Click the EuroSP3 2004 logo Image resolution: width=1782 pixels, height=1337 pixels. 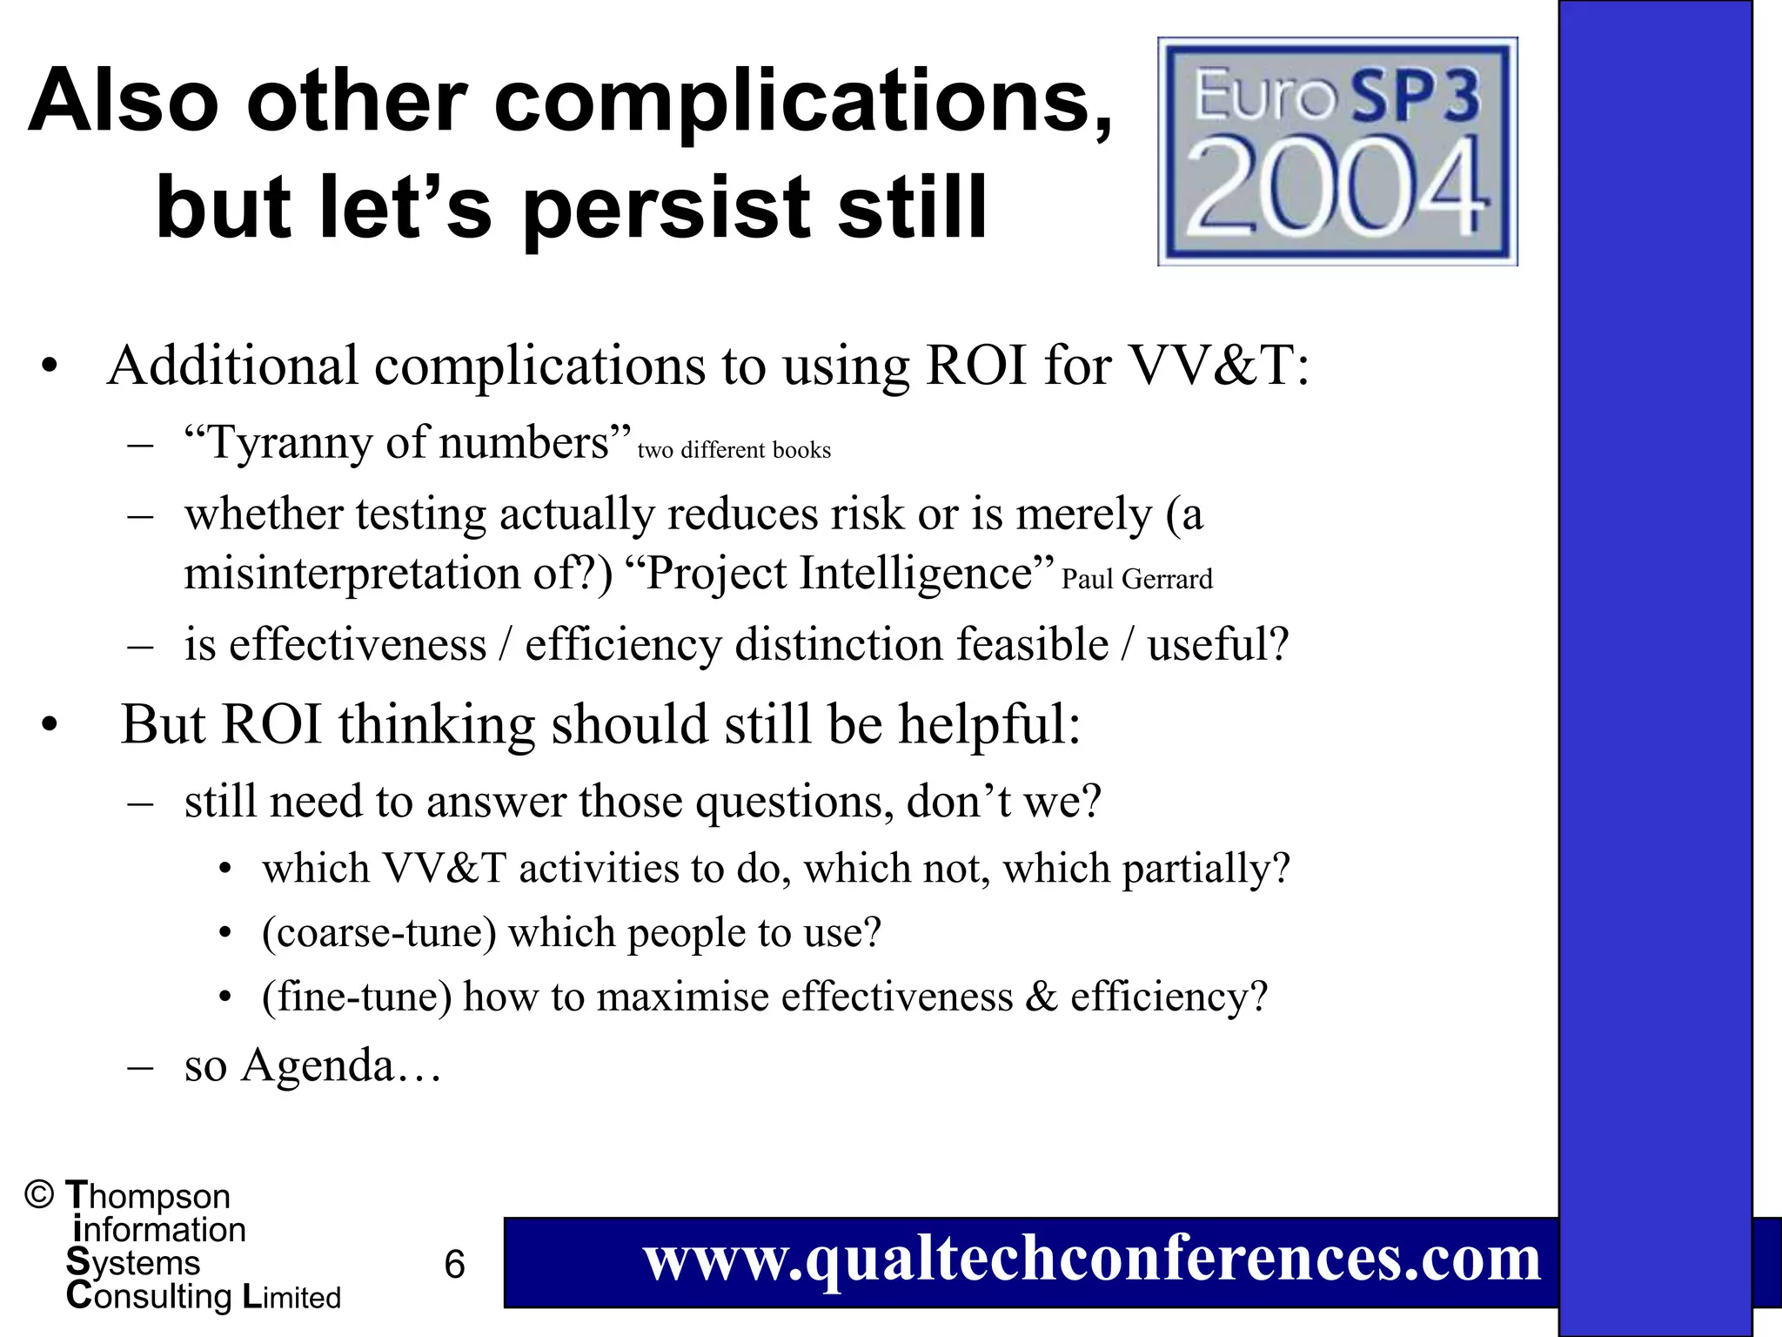[1337, 151]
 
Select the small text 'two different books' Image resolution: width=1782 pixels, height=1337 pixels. [734, 451]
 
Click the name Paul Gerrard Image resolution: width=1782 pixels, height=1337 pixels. [1136, 580]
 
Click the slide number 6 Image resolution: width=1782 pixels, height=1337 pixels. [454, 1265]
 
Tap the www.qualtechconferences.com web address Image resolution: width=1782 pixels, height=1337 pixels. [1092, 1260]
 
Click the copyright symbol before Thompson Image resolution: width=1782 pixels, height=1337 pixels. [40, 1195]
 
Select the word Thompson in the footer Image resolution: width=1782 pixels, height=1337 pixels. [148, 1197]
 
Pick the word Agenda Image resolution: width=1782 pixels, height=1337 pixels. [318, 1065]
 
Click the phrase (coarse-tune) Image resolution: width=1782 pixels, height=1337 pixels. [379, 933]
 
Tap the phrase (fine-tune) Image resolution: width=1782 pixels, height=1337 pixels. [357, 998]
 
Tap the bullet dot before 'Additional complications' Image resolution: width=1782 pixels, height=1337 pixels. [50, 366]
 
